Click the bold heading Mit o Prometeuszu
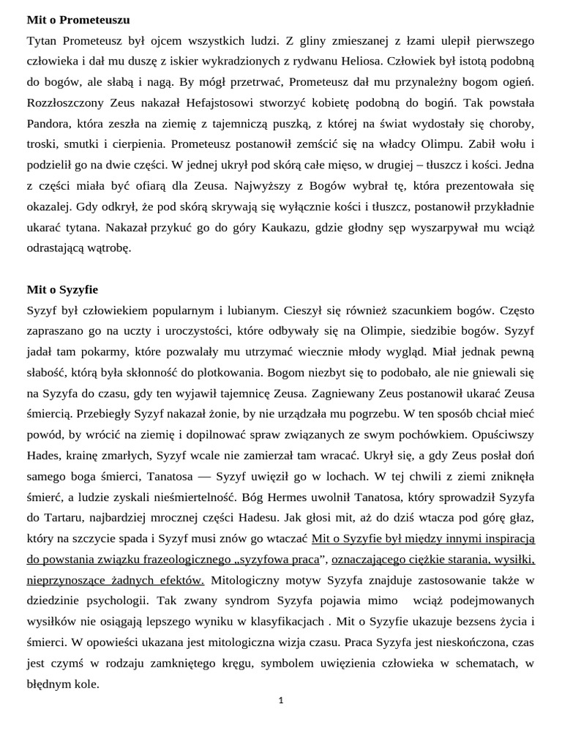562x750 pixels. click(x=78, y=20)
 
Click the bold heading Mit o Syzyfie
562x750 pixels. click(x=62, y=289)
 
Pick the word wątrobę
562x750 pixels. click(x=108, y=248)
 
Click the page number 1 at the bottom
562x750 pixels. click(x=281, y=701)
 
